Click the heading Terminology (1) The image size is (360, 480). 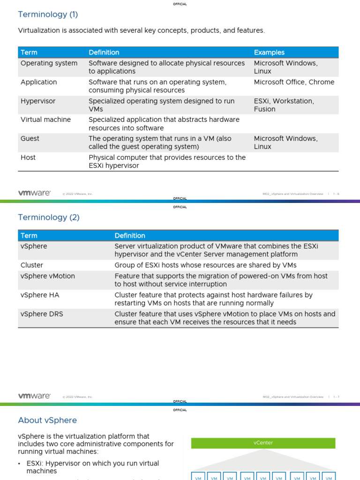(x=48, y=15)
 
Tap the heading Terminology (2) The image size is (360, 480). (x=49, y=217)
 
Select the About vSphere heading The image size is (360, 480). (x=47, y=420)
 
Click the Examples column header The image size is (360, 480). (x=269, y=52)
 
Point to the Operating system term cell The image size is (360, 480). (x=49, y=63)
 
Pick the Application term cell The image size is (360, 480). (x=38, y=82)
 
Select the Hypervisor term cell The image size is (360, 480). (x=38, y=101)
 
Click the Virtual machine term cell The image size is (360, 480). (x=45, y=120)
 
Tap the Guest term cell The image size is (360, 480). (x=30, y=139)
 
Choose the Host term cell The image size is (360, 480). (x=28, y=157)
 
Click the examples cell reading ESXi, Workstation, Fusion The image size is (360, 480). (x=284, y=105)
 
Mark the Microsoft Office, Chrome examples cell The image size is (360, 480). (x=294, y=82)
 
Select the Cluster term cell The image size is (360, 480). (x=32, y=265)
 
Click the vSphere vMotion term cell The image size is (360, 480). (x=47, y=276)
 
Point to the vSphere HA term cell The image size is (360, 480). (x=40, y=295)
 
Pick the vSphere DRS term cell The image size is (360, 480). (x=41, y=314)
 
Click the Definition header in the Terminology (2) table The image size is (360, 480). (x=130, y=236)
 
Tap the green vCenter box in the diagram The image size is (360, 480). (x=263, y=443)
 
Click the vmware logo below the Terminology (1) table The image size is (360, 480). (x=34, y=193)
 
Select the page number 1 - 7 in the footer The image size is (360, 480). (x=336, y=397)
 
